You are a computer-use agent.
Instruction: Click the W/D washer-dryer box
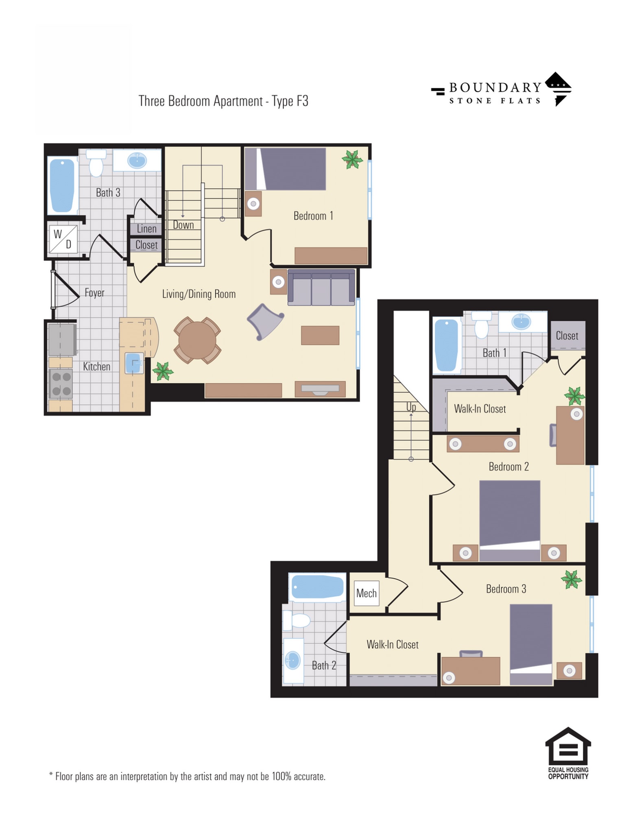pos(63,239)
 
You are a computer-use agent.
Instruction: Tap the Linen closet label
pos(146,229)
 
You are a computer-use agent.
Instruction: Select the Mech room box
pos(366,593)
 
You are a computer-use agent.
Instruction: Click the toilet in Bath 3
pos(96,163)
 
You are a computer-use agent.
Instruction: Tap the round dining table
pos(197,340)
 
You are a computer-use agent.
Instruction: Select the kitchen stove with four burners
pos(61,384)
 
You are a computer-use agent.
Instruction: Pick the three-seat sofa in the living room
pos(321,287)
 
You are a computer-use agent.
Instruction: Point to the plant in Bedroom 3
pos(571,579)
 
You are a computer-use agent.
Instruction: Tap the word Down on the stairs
pos(183,225)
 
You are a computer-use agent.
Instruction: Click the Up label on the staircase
pos(411,407)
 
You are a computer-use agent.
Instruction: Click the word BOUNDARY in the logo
pos(495,87)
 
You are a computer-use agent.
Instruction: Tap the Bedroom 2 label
pos(509,467)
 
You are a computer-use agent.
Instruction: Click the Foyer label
pos(94,292)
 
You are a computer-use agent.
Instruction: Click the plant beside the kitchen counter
pos(162,371)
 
